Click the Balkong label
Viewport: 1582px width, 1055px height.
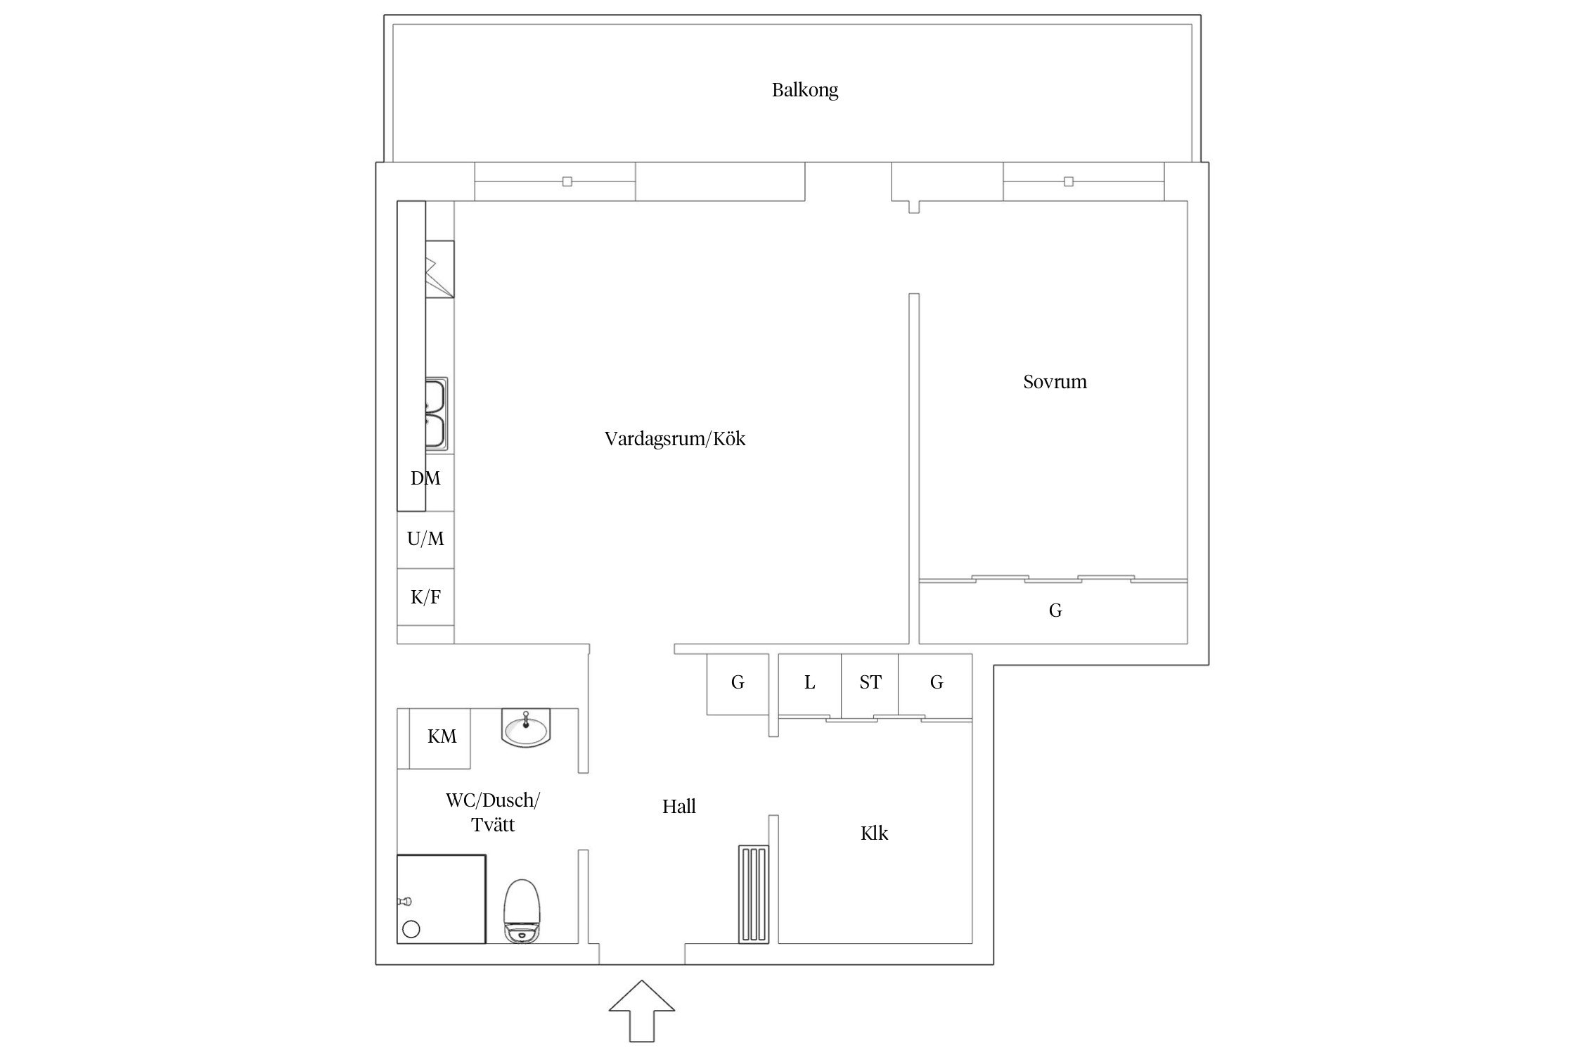click(804, 90)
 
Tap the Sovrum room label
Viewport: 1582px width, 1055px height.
click(1054, 382)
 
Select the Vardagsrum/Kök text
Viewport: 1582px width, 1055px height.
click(674, 439)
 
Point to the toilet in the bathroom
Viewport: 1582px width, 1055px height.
click(522, 910)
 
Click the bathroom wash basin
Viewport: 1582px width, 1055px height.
click(526, 729)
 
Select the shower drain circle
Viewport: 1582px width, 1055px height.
click(411, 929)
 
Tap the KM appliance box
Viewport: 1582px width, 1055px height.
click(442, 737)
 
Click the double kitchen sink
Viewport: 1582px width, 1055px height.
click(436, 414)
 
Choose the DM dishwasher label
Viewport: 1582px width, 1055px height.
click(425, 479)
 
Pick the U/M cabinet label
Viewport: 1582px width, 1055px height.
click(425, 539)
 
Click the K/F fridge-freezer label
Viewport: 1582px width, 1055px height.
click(425, 598)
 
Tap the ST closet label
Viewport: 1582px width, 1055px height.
click(870, 682)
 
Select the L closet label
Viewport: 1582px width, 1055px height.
click(809, 682)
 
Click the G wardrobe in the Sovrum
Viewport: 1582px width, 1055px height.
click(1054, 610)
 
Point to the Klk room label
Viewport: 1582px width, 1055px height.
click(874, 833)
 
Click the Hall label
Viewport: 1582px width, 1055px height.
click(679, 807)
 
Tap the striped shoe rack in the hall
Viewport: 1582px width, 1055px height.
click(753, 895)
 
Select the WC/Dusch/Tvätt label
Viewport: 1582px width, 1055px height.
click(492, 812)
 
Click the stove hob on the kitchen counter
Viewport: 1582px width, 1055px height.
click(439, 269)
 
